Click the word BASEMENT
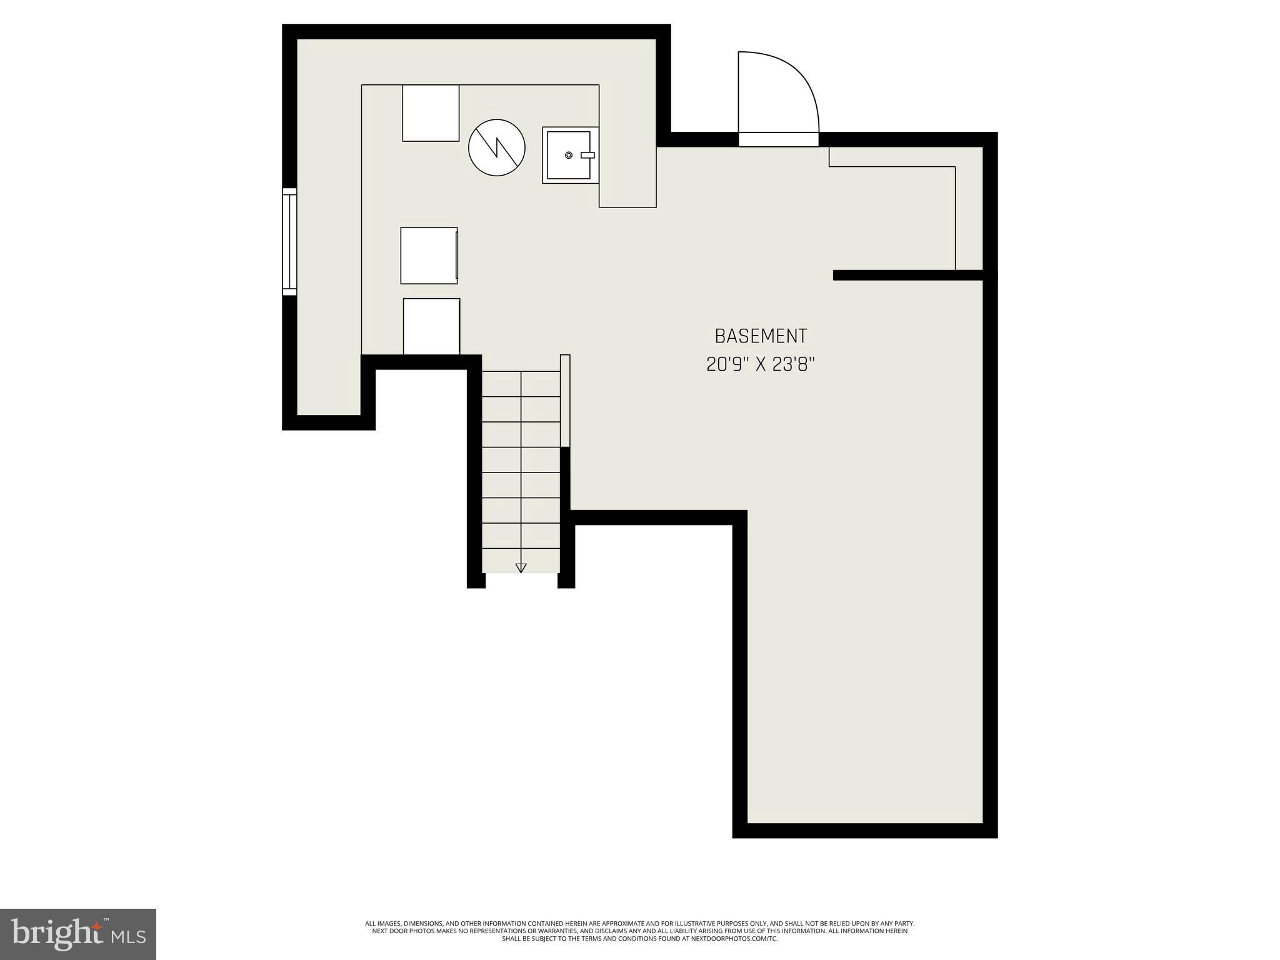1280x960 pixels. pyautogui.click(x=761, y=336)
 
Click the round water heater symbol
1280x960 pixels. pyautogui.click(x=497, y=147)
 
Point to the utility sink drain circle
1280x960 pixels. pyautogui.click(x=569, y=154)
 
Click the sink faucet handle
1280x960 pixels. pyautogui.click(x=587, y=154)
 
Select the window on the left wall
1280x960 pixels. pyautogui.click(x=289, y=241)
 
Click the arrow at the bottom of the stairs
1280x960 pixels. pyautogui.click(x=521, y=567)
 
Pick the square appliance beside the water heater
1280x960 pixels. pyautogui.click(x=431, y=113)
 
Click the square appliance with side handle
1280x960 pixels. pyautogui.click(x=429, y=256)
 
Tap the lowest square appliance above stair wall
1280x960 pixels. pyautogui.click(x=431, y=326)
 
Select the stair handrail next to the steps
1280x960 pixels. pyautogui.click(x=565, y=400)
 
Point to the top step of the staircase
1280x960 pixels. pyautogui.click(x=521, y=384)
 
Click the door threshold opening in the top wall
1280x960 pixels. pyautogui.click(x=778, y=139)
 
